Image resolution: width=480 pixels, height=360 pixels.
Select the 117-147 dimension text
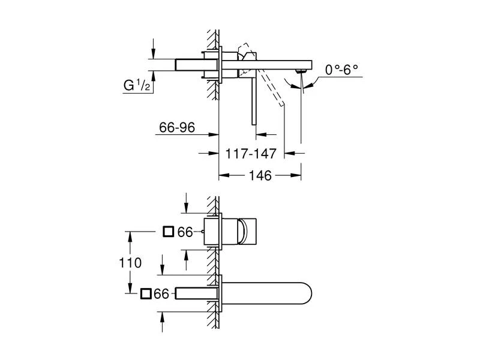(250, 154)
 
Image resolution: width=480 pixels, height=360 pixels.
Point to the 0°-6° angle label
(341, 70)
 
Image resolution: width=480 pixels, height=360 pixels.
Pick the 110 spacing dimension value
(130, 262)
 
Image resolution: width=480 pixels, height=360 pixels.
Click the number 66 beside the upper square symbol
(185, 232)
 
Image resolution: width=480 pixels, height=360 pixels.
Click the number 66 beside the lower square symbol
(161, 293)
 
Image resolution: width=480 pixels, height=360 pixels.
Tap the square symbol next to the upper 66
(169, 231)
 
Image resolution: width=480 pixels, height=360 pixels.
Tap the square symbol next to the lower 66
(145, 293)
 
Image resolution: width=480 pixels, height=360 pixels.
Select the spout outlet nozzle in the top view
(301, 73)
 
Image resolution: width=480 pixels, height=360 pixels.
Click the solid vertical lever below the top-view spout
(254, 99)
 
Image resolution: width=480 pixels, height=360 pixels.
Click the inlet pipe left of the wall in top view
(191, 64)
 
